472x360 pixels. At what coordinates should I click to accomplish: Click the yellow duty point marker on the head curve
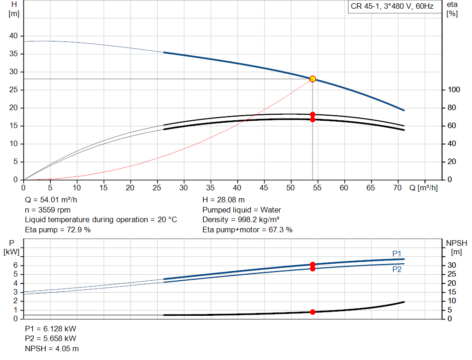coord(313,79)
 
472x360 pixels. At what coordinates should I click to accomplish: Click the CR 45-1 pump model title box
coord(392,7)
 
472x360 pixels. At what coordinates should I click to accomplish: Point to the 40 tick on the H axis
coord(13,36)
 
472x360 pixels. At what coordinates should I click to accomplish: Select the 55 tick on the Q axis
coord(317,188)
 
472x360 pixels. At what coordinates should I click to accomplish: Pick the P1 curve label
coord(397,254)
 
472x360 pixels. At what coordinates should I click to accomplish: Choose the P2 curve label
coord(397,270)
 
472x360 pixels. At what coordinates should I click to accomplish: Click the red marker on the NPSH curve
coord(313,312)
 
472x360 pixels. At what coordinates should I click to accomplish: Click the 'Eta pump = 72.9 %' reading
coord(58,230)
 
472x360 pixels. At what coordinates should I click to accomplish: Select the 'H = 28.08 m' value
coord(224,200)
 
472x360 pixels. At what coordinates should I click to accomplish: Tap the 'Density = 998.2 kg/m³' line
coord(241,220)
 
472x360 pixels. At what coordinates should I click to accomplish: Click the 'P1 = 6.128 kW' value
coord(51,329)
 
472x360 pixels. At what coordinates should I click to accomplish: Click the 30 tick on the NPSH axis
coord(452,265)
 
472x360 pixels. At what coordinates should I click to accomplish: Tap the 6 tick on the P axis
coord(15,265)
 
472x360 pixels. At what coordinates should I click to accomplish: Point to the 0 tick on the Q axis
coord(24,188)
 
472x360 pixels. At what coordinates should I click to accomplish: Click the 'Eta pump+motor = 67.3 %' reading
coord(247,230)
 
